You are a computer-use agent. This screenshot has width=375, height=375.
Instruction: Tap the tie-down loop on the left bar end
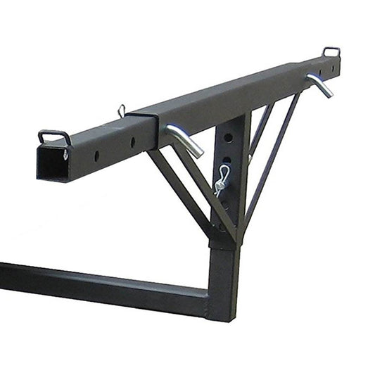point(55,135)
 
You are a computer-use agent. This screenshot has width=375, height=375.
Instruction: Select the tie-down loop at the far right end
point(331,51)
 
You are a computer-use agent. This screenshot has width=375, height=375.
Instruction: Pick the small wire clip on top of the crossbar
point(122,110)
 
